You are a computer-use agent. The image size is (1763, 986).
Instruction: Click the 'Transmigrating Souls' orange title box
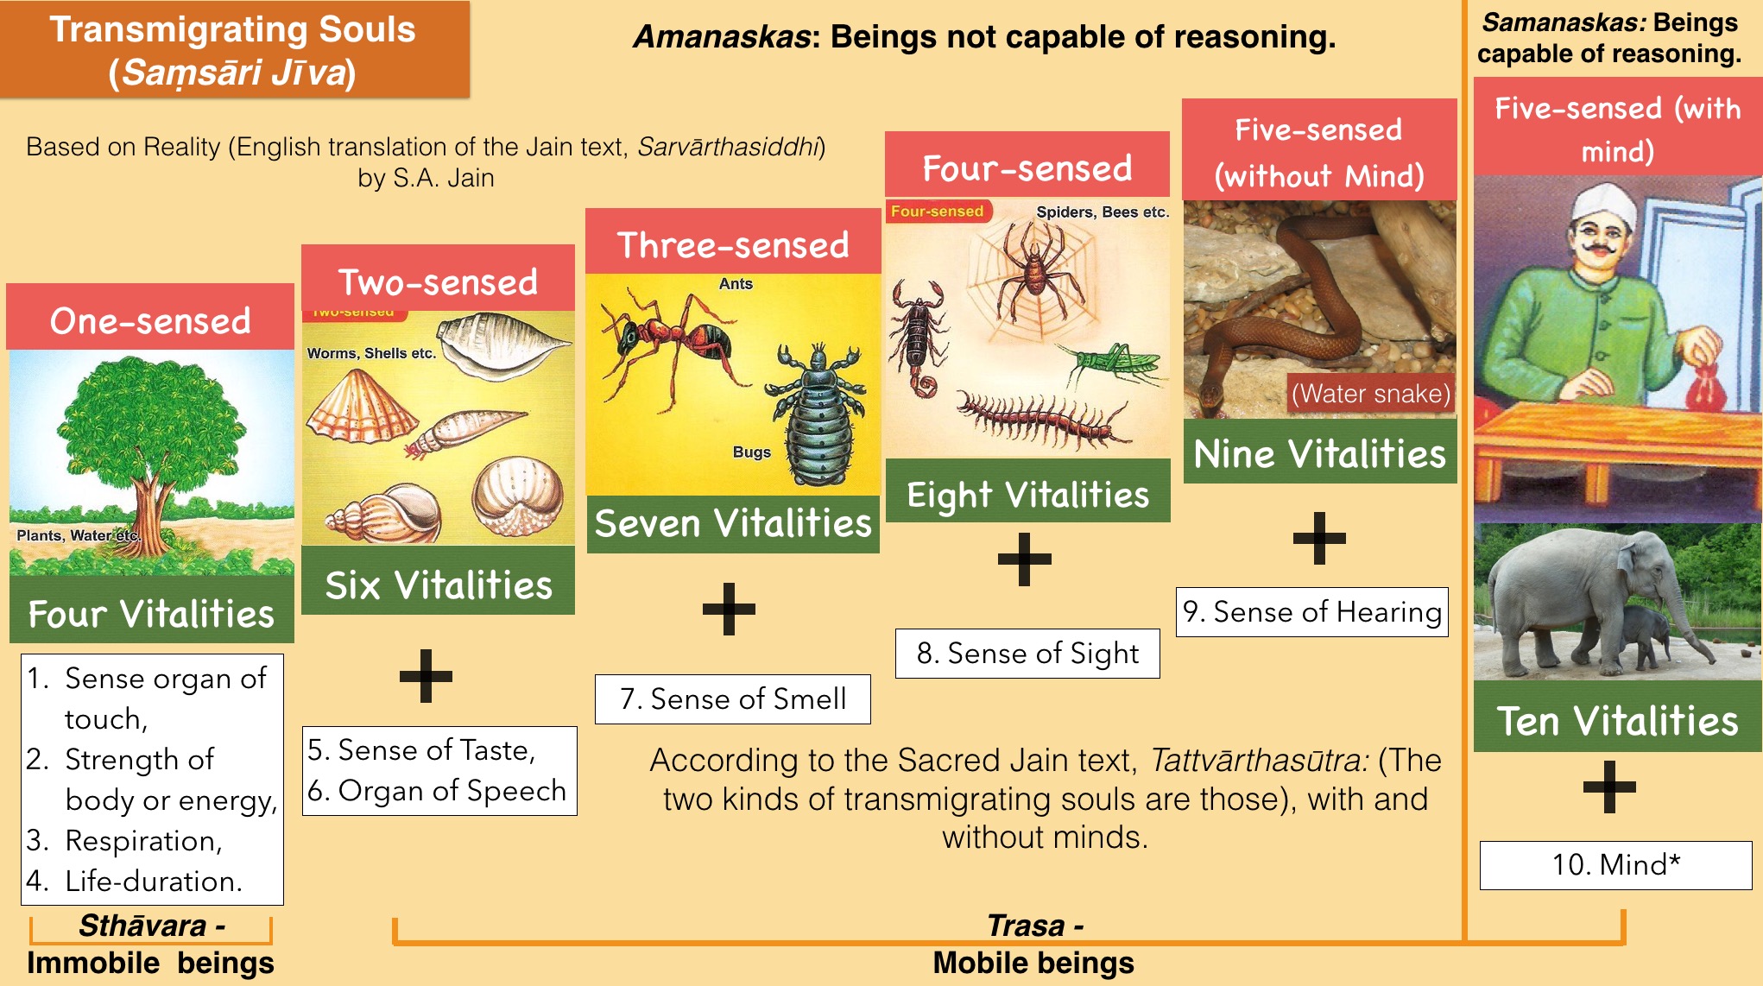tap(235, 49)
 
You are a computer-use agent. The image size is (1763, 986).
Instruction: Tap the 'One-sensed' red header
tap(150, 317)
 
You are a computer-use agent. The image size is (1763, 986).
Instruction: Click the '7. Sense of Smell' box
tap(733, 699)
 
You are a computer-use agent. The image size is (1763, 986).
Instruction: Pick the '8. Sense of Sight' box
tap(1027, 654)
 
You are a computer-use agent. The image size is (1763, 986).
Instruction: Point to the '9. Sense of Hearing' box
tap(1312, 612)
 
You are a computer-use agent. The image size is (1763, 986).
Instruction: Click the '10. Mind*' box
tap(1616, 865)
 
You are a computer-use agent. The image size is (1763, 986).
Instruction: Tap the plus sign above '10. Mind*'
tap(1609, 787)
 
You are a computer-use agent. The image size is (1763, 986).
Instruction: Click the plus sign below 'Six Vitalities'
tap(426, 675)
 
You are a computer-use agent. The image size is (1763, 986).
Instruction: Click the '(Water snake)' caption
tap(1371, 394)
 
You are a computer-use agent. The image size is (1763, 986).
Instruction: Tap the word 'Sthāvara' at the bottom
tap(142, 926)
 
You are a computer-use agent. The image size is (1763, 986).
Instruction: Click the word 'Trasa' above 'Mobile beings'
tap(1026, 926)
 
